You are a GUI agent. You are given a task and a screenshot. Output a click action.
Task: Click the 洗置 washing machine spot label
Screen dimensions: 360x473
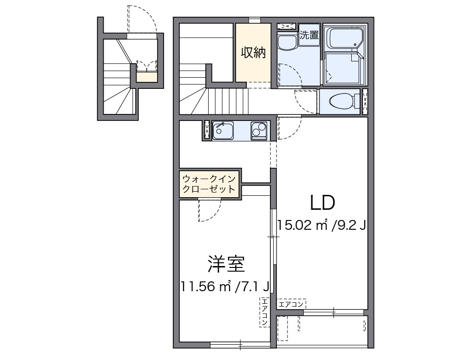pyautogui.click(x=309, y=35)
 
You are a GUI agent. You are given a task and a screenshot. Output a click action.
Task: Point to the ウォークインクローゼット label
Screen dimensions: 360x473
pyautogui.click(x=210, y=184)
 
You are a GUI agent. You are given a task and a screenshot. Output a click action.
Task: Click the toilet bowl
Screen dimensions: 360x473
pyautogui.click(x=342, y=100)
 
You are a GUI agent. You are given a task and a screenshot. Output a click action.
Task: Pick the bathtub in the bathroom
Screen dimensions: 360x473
pyautogui.click(x=344, y=39)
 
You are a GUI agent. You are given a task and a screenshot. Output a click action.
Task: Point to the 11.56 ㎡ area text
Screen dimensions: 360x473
pyautogui.click(x=207, y=287)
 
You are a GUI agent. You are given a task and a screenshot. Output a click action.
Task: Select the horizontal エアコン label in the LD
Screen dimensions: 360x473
pyautogui.click(x=291, y=305)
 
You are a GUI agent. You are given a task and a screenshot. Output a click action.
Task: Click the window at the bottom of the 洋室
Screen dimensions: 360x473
pyautogui.click(x=240, y=345)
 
